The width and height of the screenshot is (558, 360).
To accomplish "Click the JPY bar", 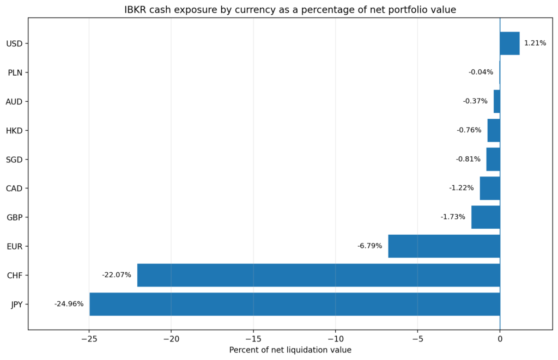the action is coord(295,304).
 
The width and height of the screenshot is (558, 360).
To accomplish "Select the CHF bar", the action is coord(318,275).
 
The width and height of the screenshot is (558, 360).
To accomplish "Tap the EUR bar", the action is coord(444,246).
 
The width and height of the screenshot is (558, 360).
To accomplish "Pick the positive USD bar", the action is coord(510,44).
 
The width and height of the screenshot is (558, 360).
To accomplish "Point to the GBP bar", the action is coord(486,217).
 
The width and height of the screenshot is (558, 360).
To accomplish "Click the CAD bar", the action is coord(490,188).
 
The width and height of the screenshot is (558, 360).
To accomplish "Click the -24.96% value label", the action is coord(69,304).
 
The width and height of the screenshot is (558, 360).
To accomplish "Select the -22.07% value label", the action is coord(117,275).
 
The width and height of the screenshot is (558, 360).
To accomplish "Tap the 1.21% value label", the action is coord(535,43).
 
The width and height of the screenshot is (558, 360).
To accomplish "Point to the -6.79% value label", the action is coord(370,246).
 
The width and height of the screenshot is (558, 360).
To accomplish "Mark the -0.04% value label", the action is coord(481,72).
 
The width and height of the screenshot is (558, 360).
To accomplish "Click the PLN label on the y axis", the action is coord(15,72).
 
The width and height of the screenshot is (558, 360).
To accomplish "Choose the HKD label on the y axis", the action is coord(14,131).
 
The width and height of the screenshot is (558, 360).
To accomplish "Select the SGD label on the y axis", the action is coord(14,160).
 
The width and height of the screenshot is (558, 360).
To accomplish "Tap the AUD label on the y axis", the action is coord(14,102).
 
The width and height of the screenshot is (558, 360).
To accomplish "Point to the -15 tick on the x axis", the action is coord(253,339).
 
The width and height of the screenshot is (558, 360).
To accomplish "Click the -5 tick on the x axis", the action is coord(418,339).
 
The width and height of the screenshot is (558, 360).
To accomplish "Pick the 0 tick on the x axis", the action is coord(500,339).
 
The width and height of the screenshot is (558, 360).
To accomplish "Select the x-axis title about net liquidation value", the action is coord(290,350).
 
